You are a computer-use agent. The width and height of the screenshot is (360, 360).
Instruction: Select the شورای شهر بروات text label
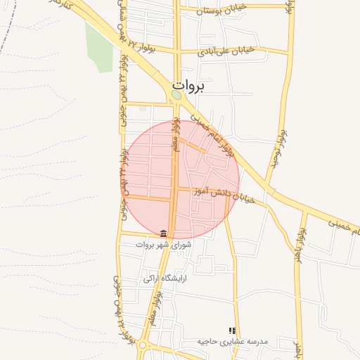tap(164, 245)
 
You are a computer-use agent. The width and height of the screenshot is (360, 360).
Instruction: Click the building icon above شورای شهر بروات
tap(164, 233)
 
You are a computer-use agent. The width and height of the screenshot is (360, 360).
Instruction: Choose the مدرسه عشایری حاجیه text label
tap(232, 341)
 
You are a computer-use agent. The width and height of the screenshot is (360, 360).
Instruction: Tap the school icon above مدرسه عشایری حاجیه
tap(232, 330)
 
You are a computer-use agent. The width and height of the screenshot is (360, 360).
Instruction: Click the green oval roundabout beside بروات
tap(176, 95)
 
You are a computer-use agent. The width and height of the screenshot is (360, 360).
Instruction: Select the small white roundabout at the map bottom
tap(143, 345)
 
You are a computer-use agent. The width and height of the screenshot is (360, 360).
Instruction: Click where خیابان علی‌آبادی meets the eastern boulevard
tap(288, 52)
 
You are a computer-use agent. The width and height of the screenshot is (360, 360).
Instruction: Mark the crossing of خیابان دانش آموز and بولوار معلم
tap(174, 189)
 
